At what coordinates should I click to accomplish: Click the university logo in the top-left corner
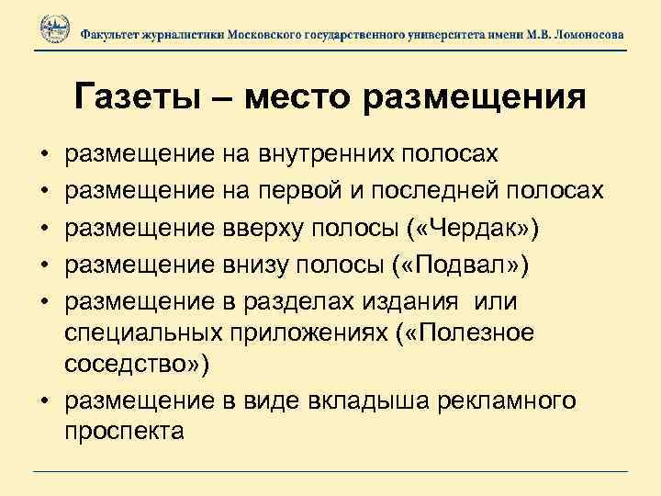(x=51, y=31)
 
